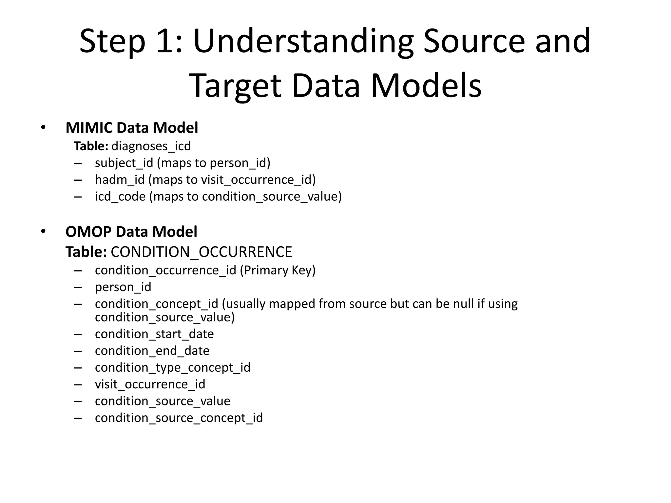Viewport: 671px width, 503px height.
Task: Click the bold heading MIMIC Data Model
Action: tap(132, 128)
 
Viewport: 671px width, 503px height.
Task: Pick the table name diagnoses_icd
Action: tap(151, 146)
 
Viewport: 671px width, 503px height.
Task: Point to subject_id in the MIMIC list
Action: tap(124, 163)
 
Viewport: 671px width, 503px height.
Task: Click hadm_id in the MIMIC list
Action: tap(120, 179)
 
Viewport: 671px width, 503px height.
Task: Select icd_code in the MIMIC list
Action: tap(120, 196)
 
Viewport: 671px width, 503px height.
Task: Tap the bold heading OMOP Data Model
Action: tap(131, 232)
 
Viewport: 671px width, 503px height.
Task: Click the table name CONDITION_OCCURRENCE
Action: tap(201, 252)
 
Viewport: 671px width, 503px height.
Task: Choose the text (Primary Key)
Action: tap(278, 270)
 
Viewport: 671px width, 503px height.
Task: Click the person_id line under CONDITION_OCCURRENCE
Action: tap(123, 287)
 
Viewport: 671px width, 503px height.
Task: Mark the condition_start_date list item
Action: tap(154, 334)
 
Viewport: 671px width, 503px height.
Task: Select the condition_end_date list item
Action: tap(152, 351)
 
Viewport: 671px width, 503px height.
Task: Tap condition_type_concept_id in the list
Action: tap(172, 367)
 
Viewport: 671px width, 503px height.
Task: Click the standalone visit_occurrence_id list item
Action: tap(150, 384)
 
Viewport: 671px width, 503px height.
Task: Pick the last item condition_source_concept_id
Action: tap(179, 418)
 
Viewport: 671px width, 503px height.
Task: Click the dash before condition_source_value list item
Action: tap(78, 401)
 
